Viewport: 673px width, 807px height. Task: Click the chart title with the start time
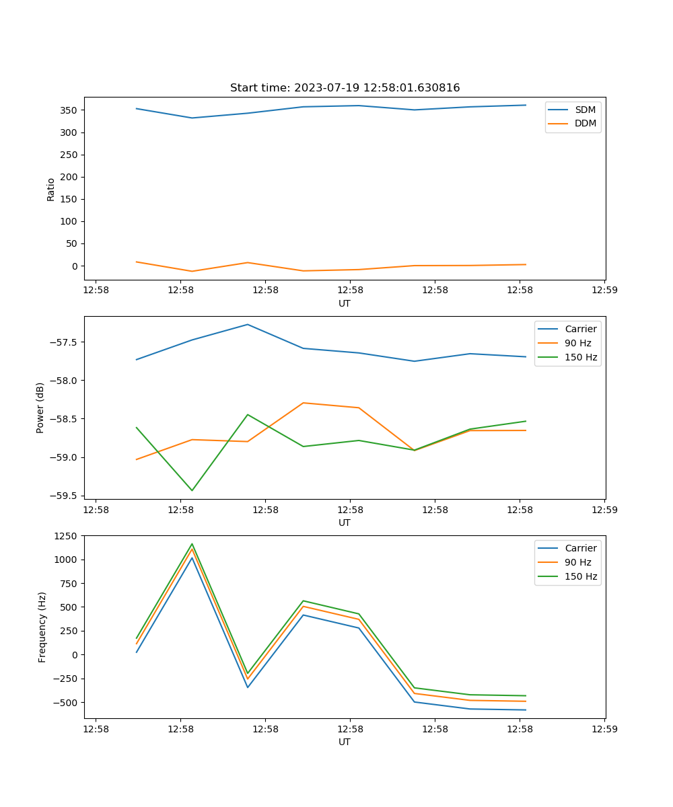click(345, 88)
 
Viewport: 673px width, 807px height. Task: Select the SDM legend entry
click(585, 110)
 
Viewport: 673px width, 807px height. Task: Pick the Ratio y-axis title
click(51, 190)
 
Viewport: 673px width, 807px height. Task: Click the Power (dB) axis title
click(41, 408)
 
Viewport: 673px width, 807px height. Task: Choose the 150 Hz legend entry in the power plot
click(581, 357)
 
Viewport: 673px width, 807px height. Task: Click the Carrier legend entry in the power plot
click(580, 329)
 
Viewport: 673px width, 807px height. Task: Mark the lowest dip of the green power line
click(192, 490)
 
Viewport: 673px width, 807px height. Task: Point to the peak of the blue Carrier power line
click(248, 325)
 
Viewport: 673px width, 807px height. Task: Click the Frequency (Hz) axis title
click(42, 627)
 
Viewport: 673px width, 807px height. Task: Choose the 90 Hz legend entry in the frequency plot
click(577, 562)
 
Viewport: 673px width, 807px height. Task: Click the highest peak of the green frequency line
click(192, 544)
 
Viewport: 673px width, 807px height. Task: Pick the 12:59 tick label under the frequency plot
click(604, 728)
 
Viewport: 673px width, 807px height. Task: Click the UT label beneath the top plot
click(345, 303)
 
